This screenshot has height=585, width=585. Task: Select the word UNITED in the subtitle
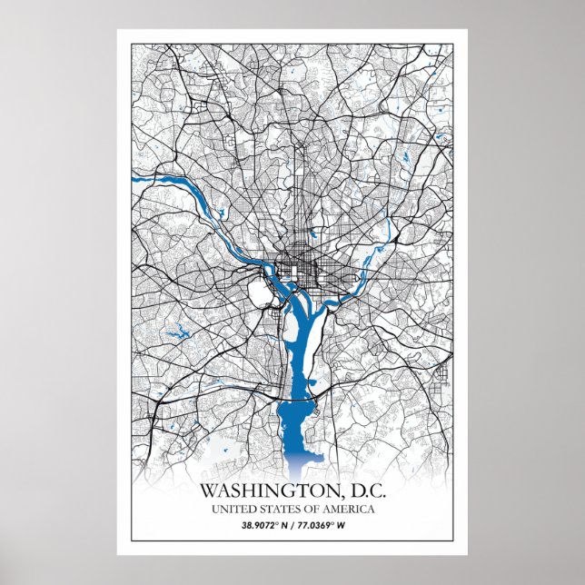point(231,509)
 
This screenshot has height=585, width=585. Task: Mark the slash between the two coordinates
point(292,525)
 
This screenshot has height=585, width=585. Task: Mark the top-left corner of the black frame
point(133,44)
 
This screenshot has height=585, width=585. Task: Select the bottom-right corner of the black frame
point(452,542)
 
